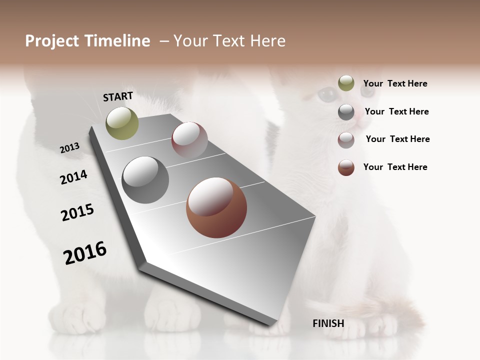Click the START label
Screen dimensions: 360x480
[118, 96]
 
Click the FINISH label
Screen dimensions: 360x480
[328, 323]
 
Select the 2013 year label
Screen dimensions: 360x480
[69, 148]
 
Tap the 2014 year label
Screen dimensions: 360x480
[73, 177]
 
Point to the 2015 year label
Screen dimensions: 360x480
[77, 212]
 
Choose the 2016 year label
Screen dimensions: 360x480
[85, 253]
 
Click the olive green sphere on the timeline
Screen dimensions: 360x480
[122, 123]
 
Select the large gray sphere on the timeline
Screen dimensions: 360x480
[145, 180]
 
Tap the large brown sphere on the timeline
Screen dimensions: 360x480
[216, 207]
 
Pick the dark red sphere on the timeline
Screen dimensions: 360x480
[189, 140]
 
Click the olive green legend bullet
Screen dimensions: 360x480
[346, 83]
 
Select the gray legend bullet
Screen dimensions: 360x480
[346, 112]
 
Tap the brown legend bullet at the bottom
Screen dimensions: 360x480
[346, 167]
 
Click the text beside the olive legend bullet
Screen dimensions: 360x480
[395, 83]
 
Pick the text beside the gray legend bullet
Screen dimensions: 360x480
[396, 111]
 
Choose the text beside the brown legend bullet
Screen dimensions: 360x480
[395, 167]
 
